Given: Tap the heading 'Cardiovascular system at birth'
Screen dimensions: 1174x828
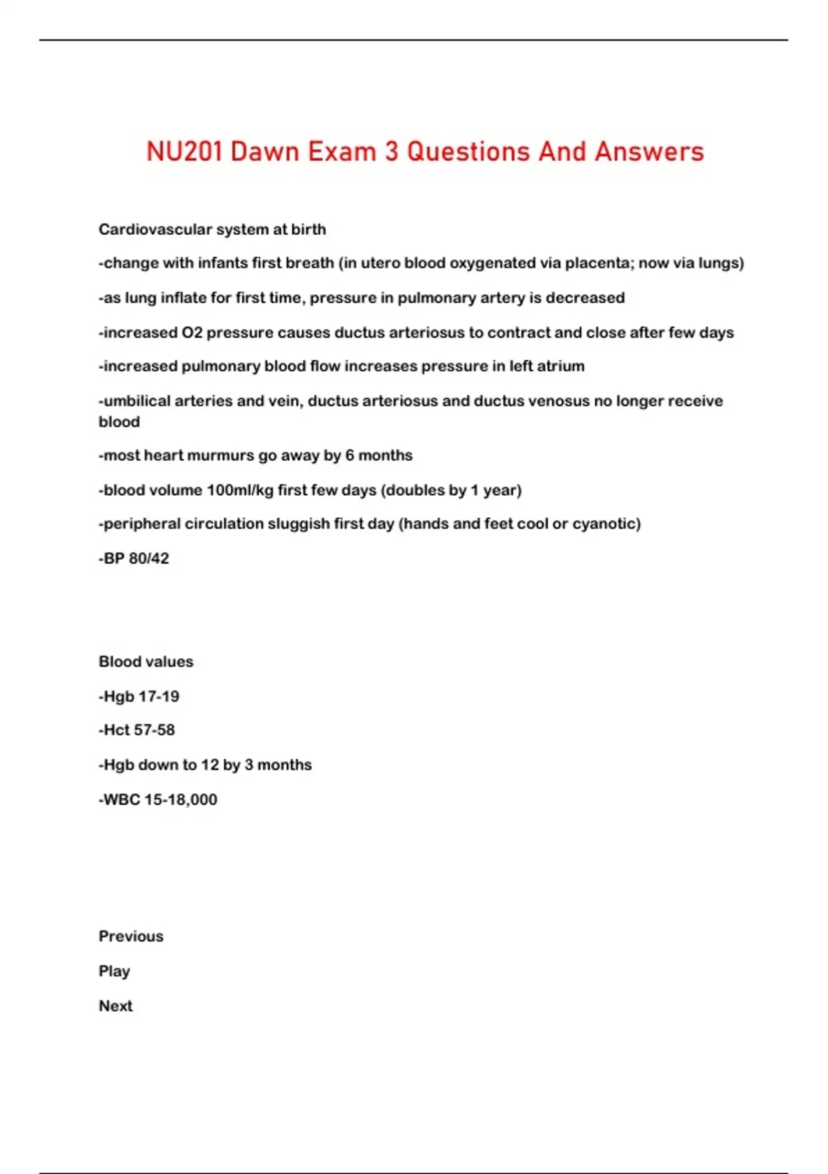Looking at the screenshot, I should pyautogui.click(x=212, y=229).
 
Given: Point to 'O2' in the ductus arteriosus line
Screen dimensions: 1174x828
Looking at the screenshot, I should pyautogui.click(x=192, y=333).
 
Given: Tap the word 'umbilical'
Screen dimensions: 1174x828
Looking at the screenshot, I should pyautogui.click(x=137, y=401).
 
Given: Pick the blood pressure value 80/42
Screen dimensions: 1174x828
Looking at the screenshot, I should pyautogui.click(x=148, y=559).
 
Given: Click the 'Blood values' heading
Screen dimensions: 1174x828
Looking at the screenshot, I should pyautogui.click(x=146, y=662).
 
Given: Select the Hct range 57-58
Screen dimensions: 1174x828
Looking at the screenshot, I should pyautogui.click(x=156, y=730).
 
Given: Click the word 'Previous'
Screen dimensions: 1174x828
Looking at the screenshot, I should pyautogui.click(x=131, y=936).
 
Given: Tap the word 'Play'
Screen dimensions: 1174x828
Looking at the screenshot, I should pyautogui.click(x=114, y=972).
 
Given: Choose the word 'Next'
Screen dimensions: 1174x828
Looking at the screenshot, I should pyautogui.click(x=115, y=1006).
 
